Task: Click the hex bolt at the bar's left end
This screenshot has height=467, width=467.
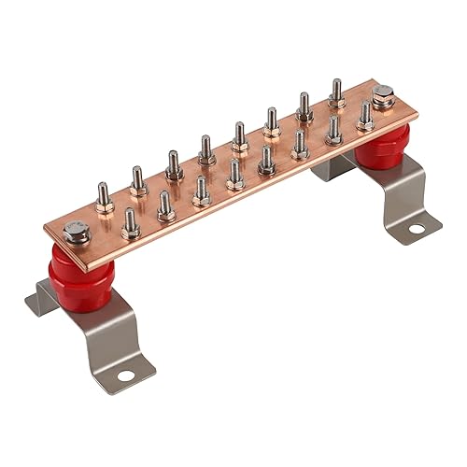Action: point(76,233)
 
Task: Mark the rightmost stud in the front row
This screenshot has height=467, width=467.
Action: point(365,117)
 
